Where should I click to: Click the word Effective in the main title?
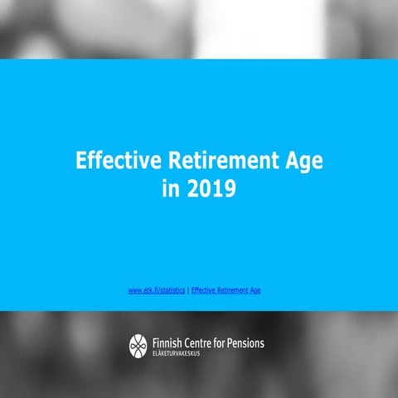point(113,160)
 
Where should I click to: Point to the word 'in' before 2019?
point(172,189)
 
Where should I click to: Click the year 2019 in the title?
point(211,189)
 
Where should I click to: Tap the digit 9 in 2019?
point(229,189)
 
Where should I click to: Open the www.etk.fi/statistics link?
point(157,290)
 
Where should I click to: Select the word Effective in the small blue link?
point(203,290)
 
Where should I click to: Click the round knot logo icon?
point(137,345)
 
